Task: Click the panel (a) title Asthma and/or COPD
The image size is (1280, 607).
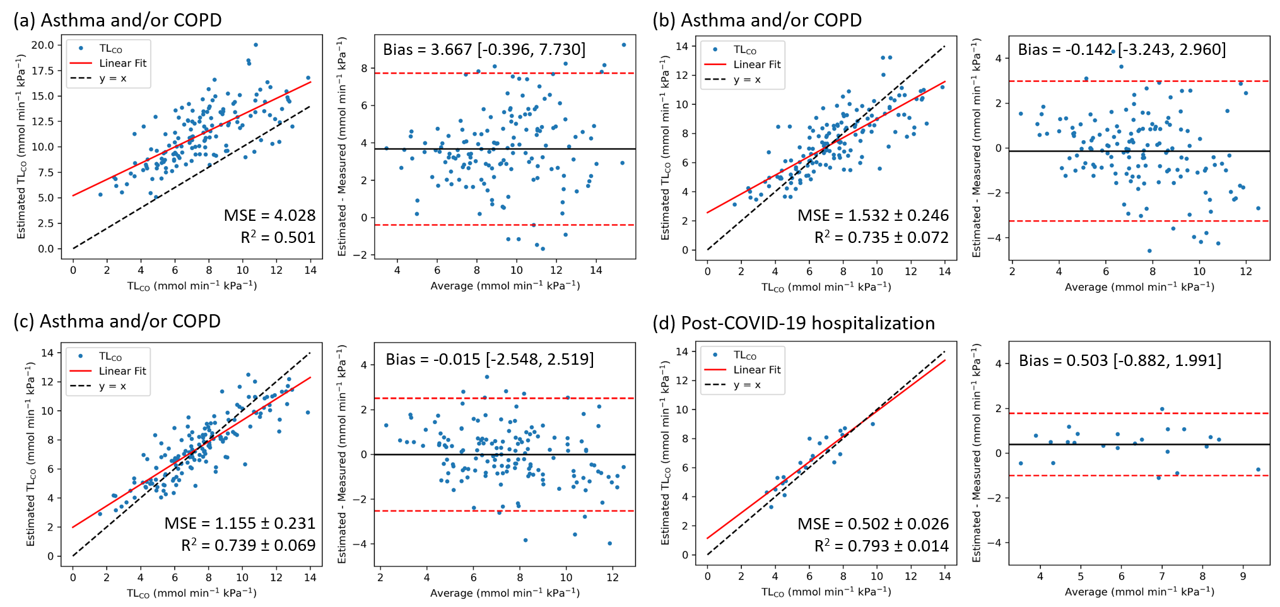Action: tap(117, 20)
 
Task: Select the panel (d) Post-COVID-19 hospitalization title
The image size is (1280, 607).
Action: tap(794, 323)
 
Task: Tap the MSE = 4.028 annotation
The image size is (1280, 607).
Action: tap(269, 215)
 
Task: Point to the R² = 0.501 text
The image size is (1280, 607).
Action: tap(278, 237)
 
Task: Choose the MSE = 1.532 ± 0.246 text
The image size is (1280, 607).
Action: tap(872, 215)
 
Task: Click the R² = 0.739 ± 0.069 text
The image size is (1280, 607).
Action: tap(248, 545)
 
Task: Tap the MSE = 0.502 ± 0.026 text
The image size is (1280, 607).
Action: tap(872, 524)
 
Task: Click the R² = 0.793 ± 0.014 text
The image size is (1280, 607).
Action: tap(881, 546)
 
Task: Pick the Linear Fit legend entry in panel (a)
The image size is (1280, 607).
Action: tap(122, 63)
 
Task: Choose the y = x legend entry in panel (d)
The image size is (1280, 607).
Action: tap(747, 385)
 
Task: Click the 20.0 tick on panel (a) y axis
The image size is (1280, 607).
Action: tap(43, 45)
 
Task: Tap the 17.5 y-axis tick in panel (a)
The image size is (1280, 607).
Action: tap(43, 71)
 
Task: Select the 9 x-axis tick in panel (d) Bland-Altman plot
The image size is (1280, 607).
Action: tap(1243, 576)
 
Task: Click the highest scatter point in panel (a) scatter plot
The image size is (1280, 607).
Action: tap(255, 45)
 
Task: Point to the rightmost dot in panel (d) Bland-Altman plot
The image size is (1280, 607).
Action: tap(1258, 469)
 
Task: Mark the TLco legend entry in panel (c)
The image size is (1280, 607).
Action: tap(110, 357)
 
